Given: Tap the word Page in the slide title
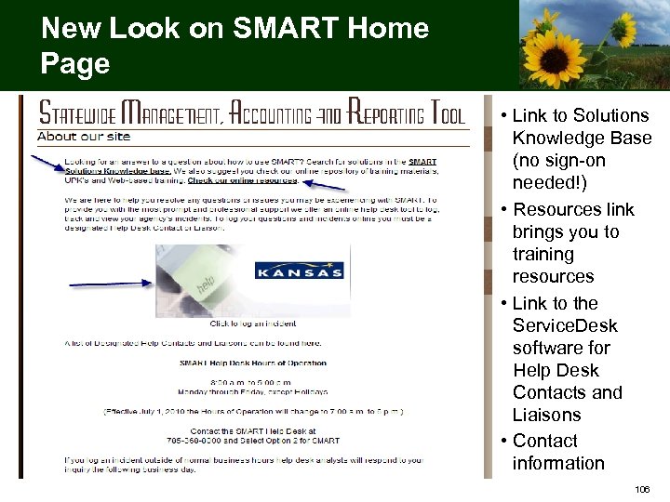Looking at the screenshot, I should pos(75,63).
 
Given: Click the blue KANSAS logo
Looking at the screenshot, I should pos(300,271).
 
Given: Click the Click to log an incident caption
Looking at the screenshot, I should pos(253,324).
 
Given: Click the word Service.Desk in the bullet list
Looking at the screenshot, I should pos(565,325).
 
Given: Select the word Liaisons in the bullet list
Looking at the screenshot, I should pos(546,415).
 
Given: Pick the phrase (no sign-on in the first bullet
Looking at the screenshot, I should pos(558,160).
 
